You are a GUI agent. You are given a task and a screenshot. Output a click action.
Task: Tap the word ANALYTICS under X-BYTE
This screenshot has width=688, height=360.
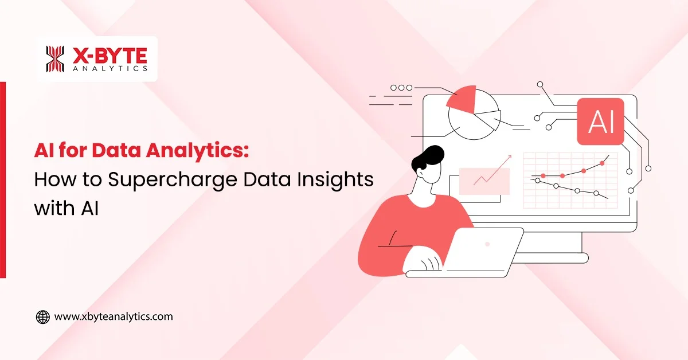(110, 68)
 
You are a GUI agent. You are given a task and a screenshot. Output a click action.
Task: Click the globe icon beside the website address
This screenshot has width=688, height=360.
(43, 316)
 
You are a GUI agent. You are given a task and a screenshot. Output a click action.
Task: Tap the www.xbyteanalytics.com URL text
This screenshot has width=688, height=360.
(113, 316)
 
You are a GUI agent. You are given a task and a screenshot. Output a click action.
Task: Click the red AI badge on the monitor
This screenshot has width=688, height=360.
(600, 120)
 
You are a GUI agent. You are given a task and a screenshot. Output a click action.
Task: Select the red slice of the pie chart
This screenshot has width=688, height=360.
(463, 99)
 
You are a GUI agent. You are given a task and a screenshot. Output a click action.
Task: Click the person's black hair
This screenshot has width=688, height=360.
(429, 158)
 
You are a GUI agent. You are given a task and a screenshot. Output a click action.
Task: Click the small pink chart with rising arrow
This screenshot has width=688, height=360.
(484, 181)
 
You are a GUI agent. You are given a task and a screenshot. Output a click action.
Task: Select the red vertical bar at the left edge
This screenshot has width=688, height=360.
(3, 179)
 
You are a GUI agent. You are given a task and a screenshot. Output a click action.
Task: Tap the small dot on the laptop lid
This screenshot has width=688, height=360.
(487, 244)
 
